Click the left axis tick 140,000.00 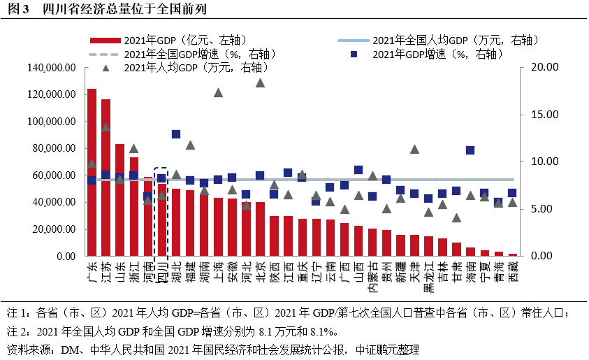pyautogui.click(x=50, y=68)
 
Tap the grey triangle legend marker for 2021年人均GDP pyautogui.click(x=106, y=68)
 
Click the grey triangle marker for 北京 pyautogui.click(x=260, y=82)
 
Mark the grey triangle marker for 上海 pyautogui.click(x=218, y=93)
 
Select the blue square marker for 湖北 pyautogui.click(x=176, y=134)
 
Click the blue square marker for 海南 pyautogui.click(x=470, y=150)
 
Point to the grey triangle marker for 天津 pyautogui.click(x=414, y=149)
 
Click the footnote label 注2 pyautogui.click(x=15, y=329)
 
